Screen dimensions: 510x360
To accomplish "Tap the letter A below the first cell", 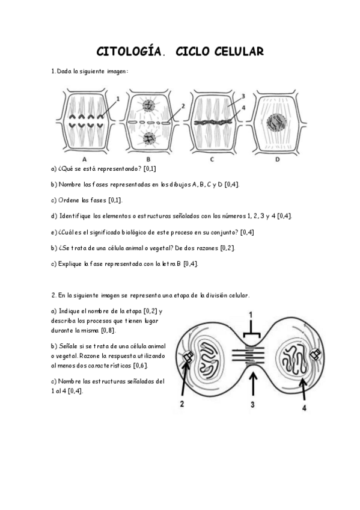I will pos(84,159).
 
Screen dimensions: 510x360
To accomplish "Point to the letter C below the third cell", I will pos(212,159).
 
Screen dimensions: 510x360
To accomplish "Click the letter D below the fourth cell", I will pos(277,159).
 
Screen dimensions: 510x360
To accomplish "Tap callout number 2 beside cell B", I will pos(182,106).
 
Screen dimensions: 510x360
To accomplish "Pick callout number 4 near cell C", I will pos(243,108).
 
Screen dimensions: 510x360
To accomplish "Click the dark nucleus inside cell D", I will pos(276,123).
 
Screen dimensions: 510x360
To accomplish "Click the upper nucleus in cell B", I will pos(148,106).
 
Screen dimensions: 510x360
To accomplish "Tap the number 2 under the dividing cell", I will pos(182,405).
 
